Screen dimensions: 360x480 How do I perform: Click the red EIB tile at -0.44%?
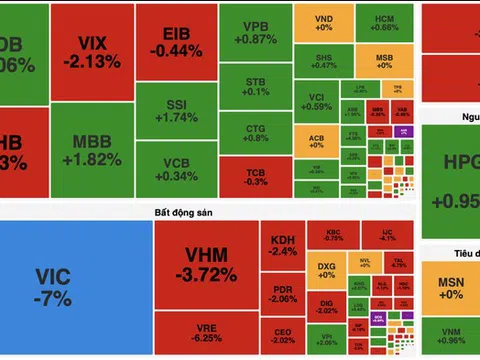(x=183, y=42)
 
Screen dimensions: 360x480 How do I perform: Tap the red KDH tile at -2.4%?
(x=283, y=245)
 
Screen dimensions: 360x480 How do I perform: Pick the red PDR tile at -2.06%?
(x=283, y=293)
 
